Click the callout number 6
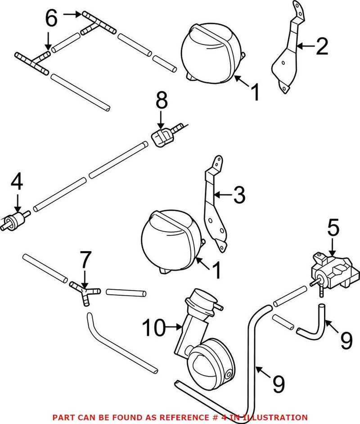52,18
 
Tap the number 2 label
322,46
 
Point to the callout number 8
162,102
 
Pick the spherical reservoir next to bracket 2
211,54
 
